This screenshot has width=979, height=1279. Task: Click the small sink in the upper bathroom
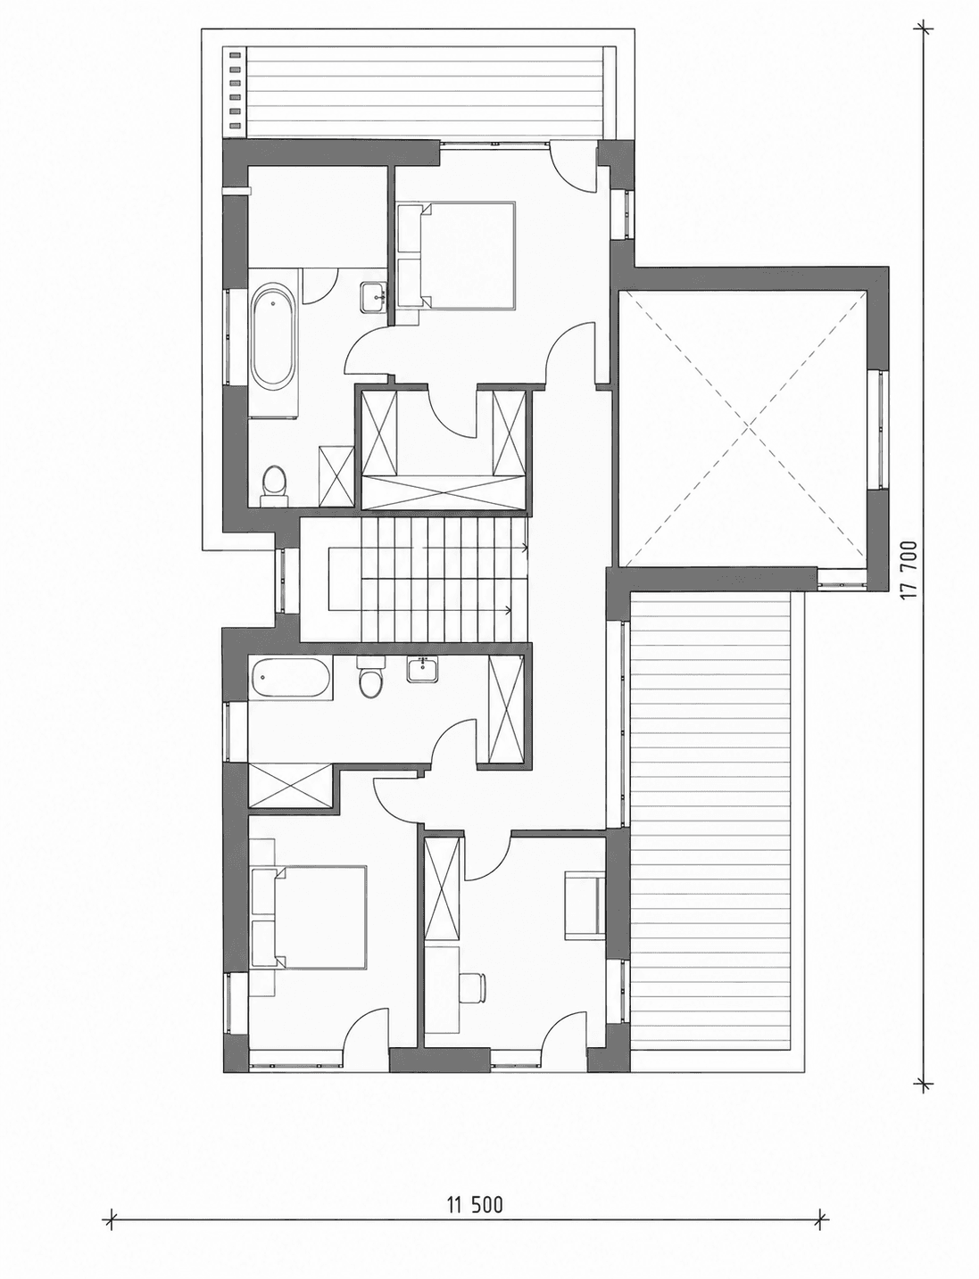coord(374,298)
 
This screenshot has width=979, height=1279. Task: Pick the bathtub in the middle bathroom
coord(290,678)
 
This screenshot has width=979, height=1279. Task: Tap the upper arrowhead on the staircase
coord(526,547)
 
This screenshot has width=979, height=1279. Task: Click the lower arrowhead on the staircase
coord(509,609)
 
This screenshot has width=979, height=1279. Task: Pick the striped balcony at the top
coord(425,92)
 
